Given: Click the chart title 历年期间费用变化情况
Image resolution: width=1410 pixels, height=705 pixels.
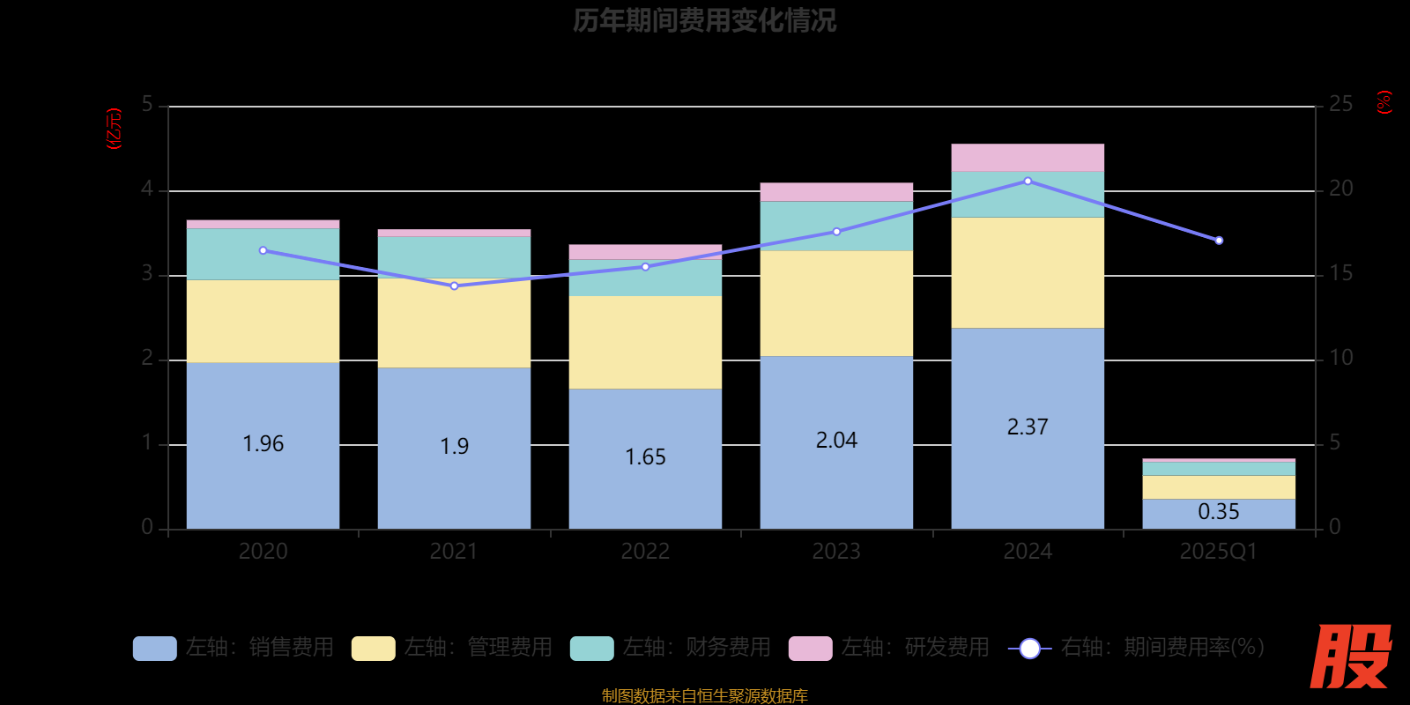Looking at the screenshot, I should (x=704, y=20).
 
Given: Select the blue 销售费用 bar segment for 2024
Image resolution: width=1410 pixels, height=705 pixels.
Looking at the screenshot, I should (x=1028, y=388).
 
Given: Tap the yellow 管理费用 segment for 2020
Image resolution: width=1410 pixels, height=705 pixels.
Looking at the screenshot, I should (x=263, y=321).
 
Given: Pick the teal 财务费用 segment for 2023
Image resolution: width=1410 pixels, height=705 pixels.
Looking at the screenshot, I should (x=836, y=226).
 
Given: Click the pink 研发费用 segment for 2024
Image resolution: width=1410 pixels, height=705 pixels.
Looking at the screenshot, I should (x=1028, y=158).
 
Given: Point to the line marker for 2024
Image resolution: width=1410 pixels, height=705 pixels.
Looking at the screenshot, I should (x=1028, y=181).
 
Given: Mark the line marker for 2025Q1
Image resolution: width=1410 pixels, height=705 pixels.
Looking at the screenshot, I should (x=1219, y=241).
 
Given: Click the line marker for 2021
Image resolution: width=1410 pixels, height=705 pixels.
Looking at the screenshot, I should (x=454, y=286).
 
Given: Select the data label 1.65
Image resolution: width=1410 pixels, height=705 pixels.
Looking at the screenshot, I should (x=645, y=457).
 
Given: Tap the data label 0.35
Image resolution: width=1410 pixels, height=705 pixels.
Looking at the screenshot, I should (x=1219, y=512).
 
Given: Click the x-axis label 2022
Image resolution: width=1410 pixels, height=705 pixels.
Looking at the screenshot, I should (x=645, y=552).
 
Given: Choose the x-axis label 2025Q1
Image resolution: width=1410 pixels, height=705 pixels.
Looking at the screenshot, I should (x=1219, y=552).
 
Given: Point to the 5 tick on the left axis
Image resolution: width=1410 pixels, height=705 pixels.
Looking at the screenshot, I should (x=147, y=105).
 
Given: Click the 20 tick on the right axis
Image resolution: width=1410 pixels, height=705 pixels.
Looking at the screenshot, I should (x=1340, y=189).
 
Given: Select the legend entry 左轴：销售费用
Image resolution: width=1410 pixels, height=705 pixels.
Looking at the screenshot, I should (x=234, y=648).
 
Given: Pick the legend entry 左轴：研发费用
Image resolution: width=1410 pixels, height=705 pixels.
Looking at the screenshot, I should (x=889, y=648).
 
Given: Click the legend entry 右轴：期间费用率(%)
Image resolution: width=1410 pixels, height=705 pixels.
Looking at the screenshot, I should (x=1137, y=648).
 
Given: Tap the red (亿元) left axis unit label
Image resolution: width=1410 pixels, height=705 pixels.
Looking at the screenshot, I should (x=114, y=129).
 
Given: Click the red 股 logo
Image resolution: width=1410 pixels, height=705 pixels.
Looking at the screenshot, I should (x=1350, y=657).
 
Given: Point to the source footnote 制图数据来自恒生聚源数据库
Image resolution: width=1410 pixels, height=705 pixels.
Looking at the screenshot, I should (x=704, y=696).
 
